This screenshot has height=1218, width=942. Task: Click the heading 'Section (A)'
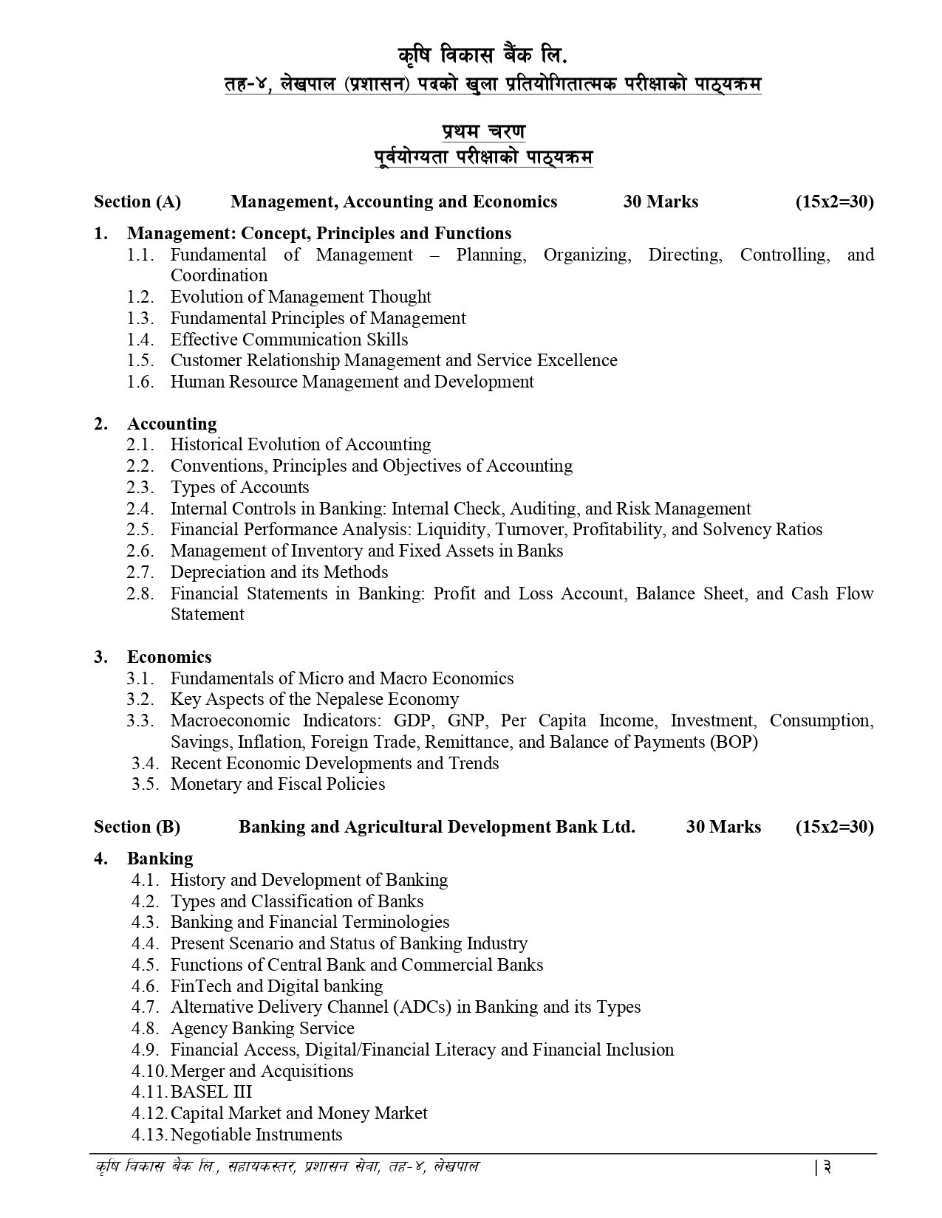click(137, 202)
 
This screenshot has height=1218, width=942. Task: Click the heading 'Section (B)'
click(137, 827)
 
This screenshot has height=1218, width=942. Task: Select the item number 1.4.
click(140, 340)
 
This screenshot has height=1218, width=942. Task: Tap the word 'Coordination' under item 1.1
click(219, 275)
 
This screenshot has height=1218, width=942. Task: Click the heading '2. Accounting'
click(171, 424)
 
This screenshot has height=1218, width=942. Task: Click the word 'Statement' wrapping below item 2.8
click(207, 614)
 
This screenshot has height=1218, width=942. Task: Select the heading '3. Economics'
click(168, 657)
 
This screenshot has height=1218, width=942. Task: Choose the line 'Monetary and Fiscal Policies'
click(278, 784)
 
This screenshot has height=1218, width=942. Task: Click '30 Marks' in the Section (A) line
click(661, 202)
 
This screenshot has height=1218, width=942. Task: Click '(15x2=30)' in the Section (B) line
click(834, 827)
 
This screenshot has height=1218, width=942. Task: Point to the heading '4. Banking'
click(160, 859)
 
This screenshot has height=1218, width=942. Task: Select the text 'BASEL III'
click(211, 1092)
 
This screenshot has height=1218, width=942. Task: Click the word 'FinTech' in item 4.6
click(200, 986)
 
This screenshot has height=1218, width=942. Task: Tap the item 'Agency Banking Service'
click(262, 1028)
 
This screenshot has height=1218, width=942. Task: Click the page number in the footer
click(828, 1168)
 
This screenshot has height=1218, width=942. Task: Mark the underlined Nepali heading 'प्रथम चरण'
click(484, 132)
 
